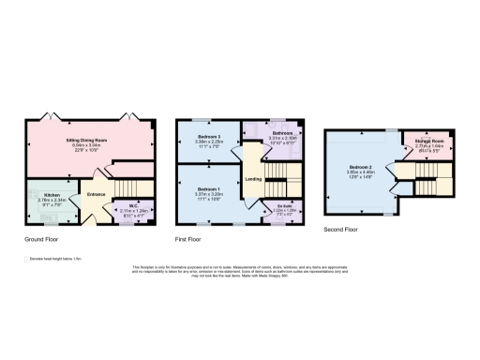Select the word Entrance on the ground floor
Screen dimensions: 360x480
[97, 193]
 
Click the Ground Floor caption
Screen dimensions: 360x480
[44, 238]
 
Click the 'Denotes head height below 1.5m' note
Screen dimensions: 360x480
[55, 258]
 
